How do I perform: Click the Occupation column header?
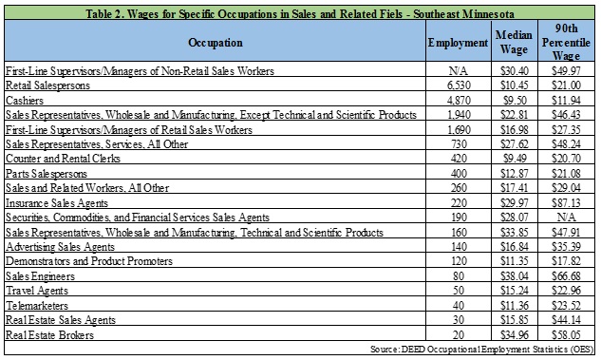(x=215, y=43)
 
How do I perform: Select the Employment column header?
(x=458, y=43)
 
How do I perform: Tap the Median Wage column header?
(x=514, y=42)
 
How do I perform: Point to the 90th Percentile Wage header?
(x=566, y=42)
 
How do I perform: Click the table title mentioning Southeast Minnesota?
(x=299, y=14)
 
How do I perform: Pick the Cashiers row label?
(x=25, y=101)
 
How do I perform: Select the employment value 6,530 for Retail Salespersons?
(x=459, y=85)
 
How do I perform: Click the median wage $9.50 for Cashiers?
(x=515, y=100)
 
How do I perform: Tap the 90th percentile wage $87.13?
(x=566, y=202)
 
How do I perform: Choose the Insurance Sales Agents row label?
(x=57, y=203)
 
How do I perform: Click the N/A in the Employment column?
(x=459, y=70)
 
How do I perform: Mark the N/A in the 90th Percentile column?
(x=566, y=217)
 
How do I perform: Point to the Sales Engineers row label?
(x=40, y=276)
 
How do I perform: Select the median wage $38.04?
(x=515, y=275)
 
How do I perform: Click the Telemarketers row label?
(x=37, y=306)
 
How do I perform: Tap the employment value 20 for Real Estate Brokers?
(x=459, y=334)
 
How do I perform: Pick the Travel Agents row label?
(x=37, y=291)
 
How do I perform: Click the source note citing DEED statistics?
(x=481, y=350)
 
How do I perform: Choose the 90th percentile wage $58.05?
(x=566, y=334)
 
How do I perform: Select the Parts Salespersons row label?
(x=47, y=174)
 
